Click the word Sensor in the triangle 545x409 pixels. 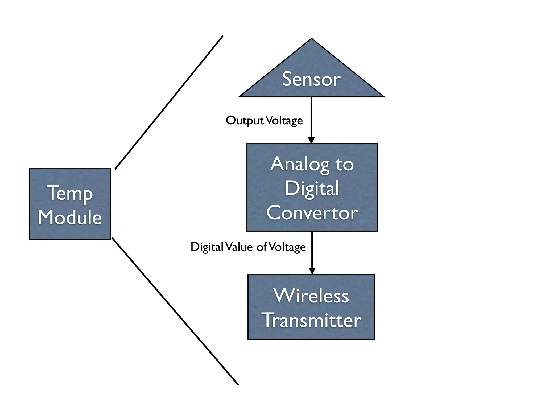[x=311, y=79]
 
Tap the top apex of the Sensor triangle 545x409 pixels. [x=312, y=39]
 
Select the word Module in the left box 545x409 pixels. [x=70, y=217]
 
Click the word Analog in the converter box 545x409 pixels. [x=300, y=165]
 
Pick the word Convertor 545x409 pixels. [x=312, y=213]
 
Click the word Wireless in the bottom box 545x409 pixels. [x=311, y=296]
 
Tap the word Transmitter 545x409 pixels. [x=311, y=320]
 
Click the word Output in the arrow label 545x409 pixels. [x=245, y=121]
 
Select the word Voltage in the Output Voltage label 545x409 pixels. [x=284, y=121]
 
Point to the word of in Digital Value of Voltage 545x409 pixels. [x=262, y=247]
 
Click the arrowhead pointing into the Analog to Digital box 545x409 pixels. [x=311, y=140]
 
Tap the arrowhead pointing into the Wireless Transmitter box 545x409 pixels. [x=312, y=271]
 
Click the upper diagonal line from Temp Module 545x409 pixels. [x=169, y=103]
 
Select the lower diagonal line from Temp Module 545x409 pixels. [x=175, y=311]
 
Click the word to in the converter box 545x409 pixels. [x=344, y=165]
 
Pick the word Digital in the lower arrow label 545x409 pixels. [x=207, y=247]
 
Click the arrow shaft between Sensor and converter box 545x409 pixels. [x=311, y=117]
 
